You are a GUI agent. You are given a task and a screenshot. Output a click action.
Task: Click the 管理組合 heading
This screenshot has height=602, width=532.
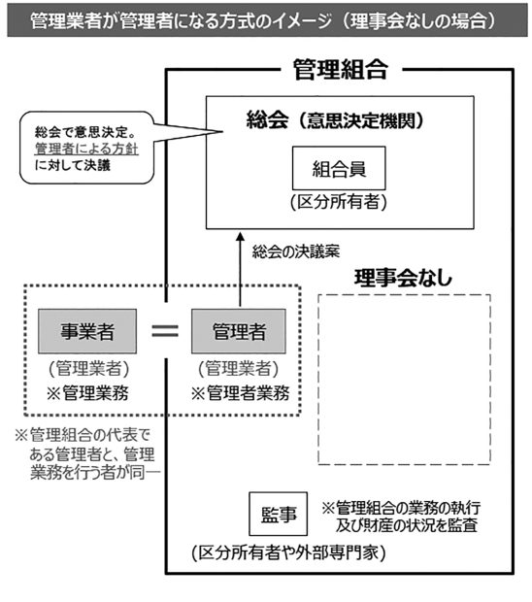[341, 70]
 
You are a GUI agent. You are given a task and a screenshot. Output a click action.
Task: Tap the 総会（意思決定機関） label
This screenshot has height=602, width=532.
[335, 120]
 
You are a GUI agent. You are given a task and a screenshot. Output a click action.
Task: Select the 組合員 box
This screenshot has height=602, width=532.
[339, 168]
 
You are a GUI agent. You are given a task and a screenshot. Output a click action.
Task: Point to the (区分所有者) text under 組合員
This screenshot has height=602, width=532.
[339, 202]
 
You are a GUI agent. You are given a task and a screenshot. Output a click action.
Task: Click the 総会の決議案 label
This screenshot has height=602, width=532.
[296, 251]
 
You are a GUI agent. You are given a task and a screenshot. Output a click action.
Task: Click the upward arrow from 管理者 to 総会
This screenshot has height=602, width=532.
[241, 270]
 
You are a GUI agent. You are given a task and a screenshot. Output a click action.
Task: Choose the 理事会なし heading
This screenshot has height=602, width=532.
[404, 278]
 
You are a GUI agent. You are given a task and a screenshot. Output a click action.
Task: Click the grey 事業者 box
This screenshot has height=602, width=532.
[87, 331]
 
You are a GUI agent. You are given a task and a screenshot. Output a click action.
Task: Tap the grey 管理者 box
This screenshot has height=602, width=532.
[239, 331]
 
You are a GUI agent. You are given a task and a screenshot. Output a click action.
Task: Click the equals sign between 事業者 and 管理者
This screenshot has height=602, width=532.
[165, 331]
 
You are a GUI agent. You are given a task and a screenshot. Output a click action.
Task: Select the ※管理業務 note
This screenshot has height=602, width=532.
[87, 393]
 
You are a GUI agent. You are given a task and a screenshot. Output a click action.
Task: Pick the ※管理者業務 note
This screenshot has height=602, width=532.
[241, 393]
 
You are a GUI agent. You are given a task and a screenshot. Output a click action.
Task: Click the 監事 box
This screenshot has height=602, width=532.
[279, 514]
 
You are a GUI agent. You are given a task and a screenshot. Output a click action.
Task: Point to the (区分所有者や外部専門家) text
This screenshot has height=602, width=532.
[288, 553]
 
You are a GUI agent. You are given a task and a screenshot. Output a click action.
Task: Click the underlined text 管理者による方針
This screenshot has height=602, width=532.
[86, 149]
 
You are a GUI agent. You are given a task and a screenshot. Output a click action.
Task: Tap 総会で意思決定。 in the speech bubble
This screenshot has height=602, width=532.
[85, 132]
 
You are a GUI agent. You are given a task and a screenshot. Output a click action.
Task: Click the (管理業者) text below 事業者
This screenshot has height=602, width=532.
[89, 369]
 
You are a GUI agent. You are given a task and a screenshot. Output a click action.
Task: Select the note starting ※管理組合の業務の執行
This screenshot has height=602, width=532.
[401, 517]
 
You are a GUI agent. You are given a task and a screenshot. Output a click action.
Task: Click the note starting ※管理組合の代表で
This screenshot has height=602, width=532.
[87, 454]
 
